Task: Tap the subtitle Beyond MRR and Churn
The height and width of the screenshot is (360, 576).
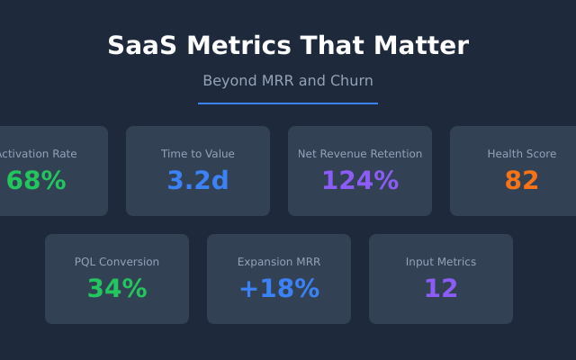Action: tap(288, 81)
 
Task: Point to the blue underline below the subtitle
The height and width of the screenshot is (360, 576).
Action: tap(288, 103)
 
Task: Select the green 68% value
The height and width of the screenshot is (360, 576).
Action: tap(36, 181)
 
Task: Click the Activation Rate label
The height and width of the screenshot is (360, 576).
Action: tap(38, 154)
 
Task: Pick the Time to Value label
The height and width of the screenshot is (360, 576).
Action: tap(198, 154)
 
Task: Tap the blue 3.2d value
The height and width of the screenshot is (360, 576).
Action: tap(198, 181)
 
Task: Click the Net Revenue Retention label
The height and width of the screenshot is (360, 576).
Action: tap(360, 154)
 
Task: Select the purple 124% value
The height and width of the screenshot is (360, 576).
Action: tap(360, 181)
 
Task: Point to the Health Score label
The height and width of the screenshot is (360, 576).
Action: tap(522, 154)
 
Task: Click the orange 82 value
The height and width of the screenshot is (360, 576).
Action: tap(522, 181)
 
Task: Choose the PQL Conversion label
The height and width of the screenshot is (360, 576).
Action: tap(117, 262)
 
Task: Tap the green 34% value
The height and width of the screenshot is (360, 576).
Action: tap(117, 289)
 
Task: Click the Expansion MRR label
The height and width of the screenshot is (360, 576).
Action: tap(279, 262)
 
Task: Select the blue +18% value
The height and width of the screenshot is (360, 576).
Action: tap(279, 289)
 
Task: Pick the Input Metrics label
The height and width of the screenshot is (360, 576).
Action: tap(441, 262)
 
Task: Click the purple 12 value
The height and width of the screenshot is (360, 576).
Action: tap(441, 289)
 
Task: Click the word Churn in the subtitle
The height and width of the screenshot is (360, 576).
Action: tap(352, 81)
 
